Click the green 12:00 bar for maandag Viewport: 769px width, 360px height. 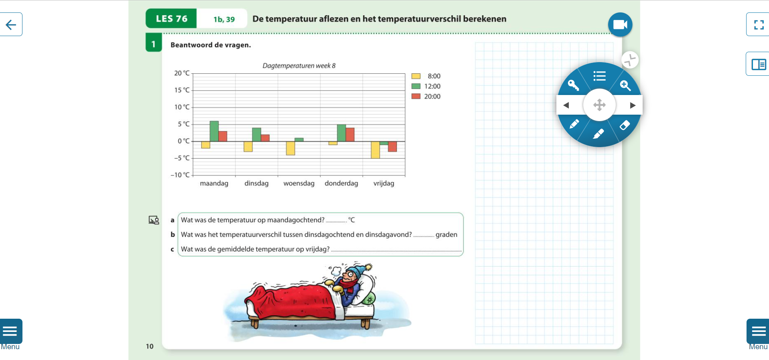pos(214,131)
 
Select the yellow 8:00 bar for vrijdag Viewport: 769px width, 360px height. pos(375,150)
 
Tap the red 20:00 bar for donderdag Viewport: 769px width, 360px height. pos(350,135)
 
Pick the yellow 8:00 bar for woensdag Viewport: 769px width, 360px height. pos(290,148)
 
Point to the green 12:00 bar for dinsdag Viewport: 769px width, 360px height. pos(257,135)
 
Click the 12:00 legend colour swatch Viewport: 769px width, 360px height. pos(416,86)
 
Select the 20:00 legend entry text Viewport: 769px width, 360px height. pos(432,97)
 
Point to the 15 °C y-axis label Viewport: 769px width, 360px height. pos(182,90)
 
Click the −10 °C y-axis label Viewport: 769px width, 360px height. pos(180,175)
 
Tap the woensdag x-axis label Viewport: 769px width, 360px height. pos(299,184)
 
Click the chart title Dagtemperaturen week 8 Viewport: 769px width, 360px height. pos(299,66)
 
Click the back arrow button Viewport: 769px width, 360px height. pos(11,24)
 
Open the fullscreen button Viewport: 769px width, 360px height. pos(758,24)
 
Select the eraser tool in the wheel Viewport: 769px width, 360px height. pos(625,125)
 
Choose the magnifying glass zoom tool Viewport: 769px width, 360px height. pos(625,85)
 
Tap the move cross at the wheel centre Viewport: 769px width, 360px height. pos(599,105)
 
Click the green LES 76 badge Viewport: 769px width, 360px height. pos(171,18)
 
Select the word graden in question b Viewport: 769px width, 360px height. pos(446,235)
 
